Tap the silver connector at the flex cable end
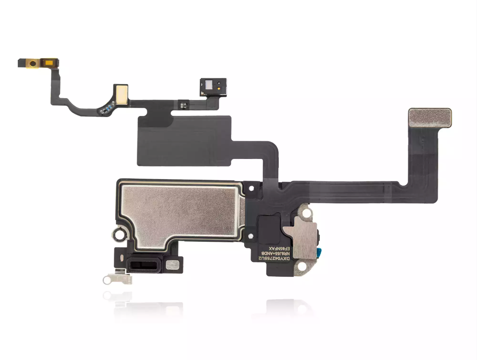point(430,118)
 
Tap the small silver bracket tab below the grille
point(117,279)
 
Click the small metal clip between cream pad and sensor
point(186,104)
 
